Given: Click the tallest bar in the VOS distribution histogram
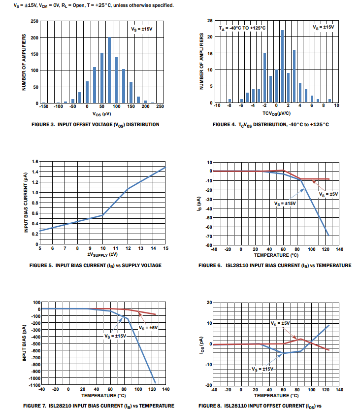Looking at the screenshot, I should [109, 70].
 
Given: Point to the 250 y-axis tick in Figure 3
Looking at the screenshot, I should [34, 21].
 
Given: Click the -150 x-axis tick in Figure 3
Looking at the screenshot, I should [43, 107].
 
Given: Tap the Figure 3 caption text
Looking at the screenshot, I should [96, 125].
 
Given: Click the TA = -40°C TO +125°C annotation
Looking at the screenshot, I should [242, 28].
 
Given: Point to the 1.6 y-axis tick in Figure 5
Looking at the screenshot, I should [34, 162].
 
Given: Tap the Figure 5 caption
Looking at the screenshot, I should [95, 266].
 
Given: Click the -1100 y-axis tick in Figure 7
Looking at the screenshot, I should [32, 384].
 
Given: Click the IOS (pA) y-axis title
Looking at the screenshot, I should [201, 343].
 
